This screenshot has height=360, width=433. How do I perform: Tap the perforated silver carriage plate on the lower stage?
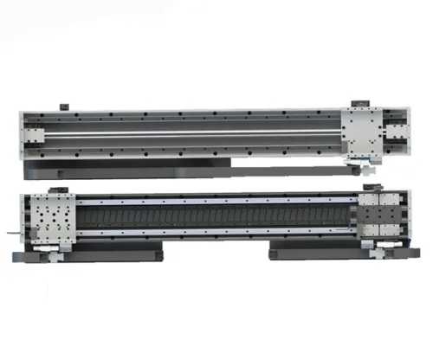coord(54,219)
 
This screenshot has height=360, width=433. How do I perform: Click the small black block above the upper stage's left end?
coord(62,106)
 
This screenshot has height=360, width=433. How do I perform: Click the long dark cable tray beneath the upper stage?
coord(130,164)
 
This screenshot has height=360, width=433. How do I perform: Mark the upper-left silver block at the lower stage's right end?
coord(366,208)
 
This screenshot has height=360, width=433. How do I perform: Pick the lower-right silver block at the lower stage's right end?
coord(391,231)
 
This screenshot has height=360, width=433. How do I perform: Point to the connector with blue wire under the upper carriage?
coord(357,161)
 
